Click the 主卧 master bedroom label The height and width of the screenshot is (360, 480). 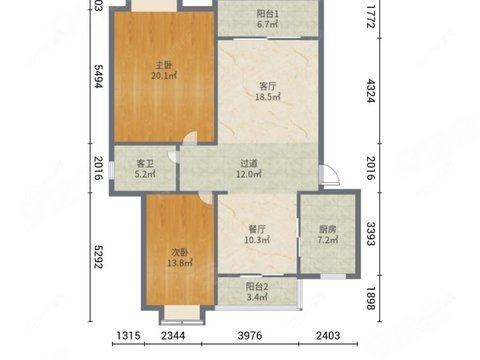pyautogui.click(x=164, y=65)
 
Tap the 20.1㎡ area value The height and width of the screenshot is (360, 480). pyautogui.click(x=164, y=76)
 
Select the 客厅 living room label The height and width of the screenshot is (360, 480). pyautogui.click(x=268, y=86)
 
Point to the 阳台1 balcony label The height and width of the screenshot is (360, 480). pyautogui.click(x=268, y=14)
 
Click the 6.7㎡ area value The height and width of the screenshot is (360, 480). pyautogui.click(x=268, y=24)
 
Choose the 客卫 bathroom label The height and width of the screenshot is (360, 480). pyautogui.click(x=145, y=163)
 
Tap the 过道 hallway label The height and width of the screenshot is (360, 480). pyautogui.click(x=249, y=163)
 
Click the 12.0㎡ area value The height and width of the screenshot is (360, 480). pyautogui.click(x=249, y=174)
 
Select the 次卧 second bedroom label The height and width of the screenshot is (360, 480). pyautogui.click(x=180, y=252)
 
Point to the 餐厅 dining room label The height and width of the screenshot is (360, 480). pyautogui.click(x=257, y=229)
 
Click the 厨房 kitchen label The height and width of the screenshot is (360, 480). pyautogui.click(x=328, y=229)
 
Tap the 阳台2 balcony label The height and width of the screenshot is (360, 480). pyautogui.click(x=257, y=286)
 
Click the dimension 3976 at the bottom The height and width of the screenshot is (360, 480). pyautogui.click(x=250, y=335)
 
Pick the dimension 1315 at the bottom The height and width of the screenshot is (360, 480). pyautogui.click(x=128, y=335)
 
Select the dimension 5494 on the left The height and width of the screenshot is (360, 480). pyautogui.click(x=98, y=76)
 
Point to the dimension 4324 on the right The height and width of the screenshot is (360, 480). pyautogui.click(x=371, y=91)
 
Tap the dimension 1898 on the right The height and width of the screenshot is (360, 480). pyautogui.click(x=371, y=299)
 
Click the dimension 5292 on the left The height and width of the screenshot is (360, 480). pyautogui.click(x=98, y=257)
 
